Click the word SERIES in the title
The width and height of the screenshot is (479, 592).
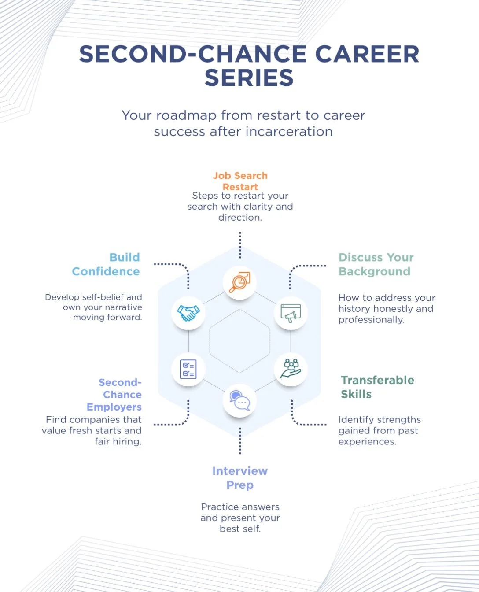tap(249, 78)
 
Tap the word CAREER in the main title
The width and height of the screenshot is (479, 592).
tap(367, 54)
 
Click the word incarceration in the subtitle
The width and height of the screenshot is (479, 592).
tap(289, 131)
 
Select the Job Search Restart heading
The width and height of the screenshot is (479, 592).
tap(240, 181)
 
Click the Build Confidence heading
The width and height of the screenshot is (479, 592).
tap(106, 264)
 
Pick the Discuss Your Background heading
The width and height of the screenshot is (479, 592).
tap(376, 264)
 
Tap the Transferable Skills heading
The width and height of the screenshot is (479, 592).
tap(377, 387)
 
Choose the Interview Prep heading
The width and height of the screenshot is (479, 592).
tap(240, 478)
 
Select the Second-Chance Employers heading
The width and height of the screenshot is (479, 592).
tap(114, 395)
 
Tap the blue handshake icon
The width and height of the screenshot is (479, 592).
tap(188, 313)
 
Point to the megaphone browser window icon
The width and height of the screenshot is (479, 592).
tap(291, 313)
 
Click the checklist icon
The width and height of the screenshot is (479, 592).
tap(188, 369)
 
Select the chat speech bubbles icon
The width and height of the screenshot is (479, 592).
tap(239, 400)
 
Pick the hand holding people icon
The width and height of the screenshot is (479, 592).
tap(291, 369)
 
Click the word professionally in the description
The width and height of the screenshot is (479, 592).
tap(371, 320)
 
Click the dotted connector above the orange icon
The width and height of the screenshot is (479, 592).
tap(240, 245)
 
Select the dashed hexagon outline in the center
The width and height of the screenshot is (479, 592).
tap(209, 341)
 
